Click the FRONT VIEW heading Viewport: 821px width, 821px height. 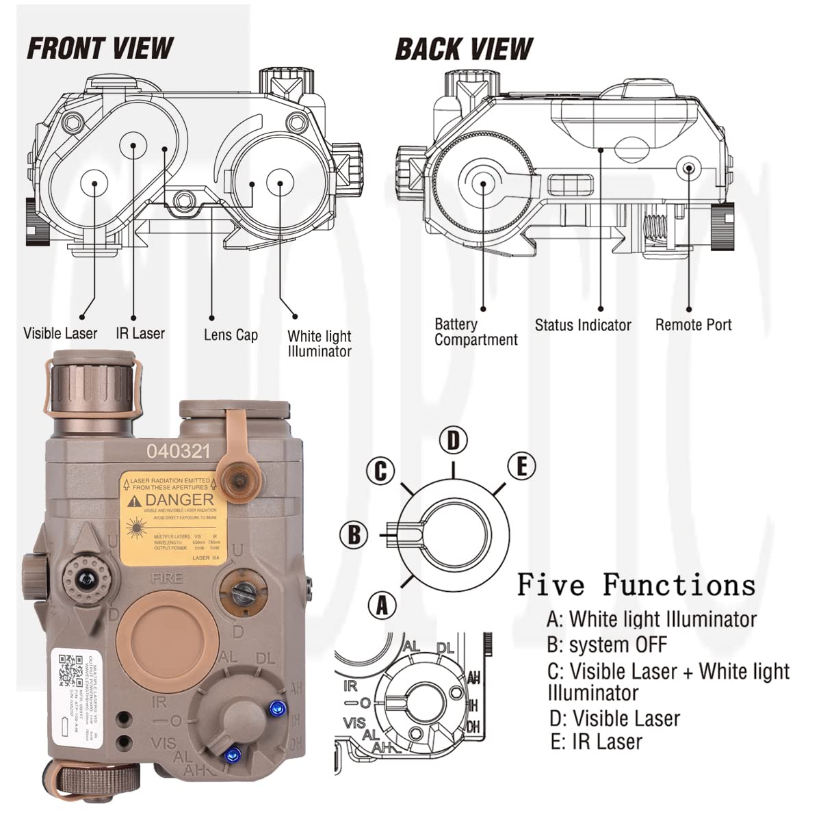[100, 49]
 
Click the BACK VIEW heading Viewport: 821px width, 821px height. [464, 49]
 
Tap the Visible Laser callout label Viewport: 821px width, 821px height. [60, 334]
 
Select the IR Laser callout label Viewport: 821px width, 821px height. [140, 333]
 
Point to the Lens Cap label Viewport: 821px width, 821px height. [231, 335]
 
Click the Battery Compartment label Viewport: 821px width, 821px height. [475, 332]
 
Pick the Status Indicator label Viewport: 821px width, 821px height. [583, 325]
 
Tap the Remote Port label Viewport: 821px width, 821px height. [693, 325]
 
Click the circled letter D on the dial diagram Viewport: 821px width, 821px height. [453, 441]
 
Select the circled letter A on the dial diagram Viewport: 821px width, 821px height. [382, 605]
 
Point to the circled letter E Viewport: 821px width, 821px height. [521, 467]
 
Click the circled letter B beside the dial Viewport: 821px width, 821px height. [354, 534]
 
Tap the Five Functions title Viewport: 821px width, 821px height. [636, 585]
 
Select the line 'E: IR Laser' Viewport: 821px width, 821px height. [596, 742]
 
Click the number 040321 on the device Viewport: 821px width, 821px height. [178, 451]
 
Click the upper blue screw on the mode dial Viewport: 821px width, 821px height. [277, 707]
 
